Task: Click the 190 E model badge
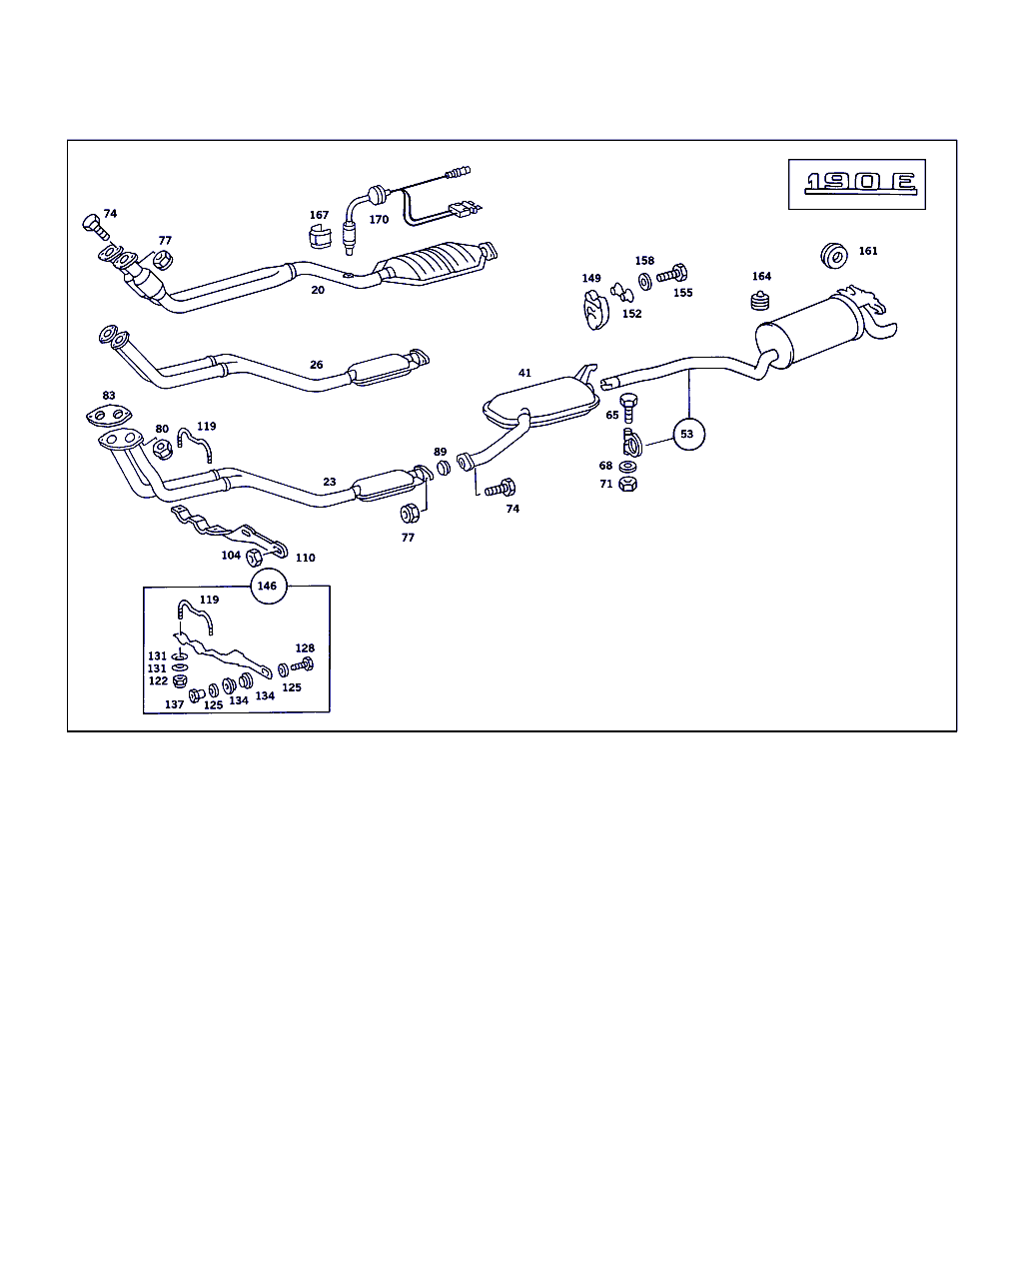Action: [857, 183]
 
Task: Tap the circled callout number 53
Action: [686, 435]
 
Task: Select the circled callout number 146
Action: [267, 587]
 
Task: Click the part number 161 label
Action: [868, 251]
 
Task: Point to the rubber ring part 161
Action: [833, 255]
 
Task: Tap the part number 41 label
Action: [524, 374]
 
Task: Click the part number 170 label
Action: [379, 220]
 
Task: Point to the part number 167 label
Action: [319, 215]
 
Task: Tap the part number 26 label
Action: [316, 365]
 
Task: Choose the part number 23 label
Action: [329, 482]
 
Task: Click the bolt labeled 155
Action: [671, 272]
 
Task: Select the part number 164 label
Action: [761, 277]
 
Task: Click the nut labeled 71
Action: [628, 485]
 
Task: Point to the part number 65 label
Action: [611, 415]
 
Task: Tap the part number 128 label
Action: [305, 648]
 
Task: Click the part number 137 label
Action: [174, 705]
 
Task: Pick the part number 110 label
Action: [306, 558]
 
